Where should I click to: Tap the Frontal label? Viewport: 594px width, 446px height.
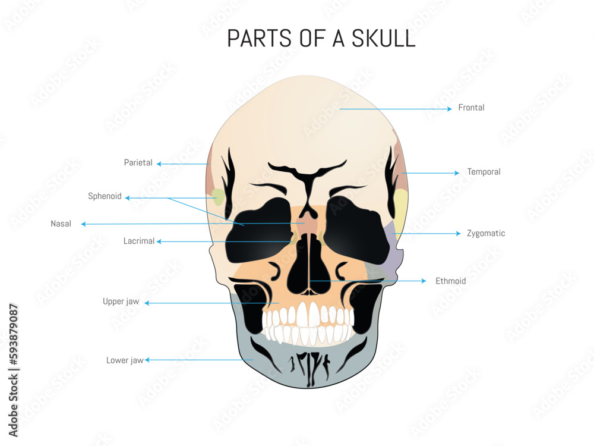[471, 108]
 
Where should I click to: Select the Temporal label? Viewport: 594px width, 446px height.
[484, 172]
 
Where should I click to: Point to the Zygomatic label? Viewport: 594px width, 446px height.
[485, 233]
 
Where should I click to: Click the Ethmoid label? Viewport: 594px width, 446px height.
[450, 281]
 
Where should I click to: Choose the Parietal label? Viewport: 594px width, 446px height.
[138, 162]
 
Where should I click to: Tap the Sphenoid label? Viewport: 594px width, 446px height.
[105, 196]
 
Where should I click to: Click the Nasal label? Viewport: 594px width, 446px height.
[61, 224]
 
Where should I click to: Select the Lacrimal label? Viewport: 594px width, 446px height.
[139, 241]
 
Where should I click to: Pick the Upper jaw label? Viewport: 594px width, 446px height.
[121, 301]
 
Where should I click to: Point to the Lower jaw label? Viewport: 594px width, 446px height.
[125, 360]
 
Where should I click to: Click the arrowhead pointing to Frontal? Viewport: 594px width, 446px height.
[449, 109]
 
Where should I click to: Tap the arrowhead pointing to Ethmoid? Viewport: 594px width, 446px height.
[424, 281]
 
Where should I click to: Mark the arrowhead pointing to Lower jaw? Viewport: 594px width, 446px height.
[148, 360]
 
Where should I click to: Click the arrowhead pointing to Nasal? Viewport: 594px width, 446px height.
[84, 224]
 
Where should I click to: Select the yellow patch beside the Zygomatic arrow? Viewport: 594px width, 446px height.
[401, 208]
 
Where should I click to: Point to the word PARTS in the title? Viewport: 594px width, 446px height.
[259, 38]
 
